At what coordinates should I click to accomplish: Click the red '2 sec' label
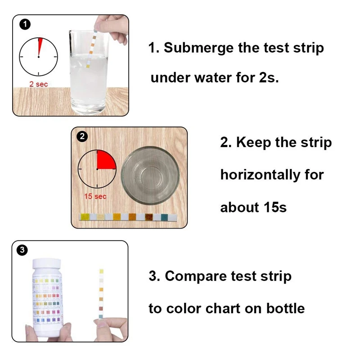point(38,84)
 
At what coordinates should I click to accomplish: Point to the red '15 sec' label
point(95,197)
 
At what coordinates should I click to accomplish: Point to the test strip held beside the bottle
point(101,292)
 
